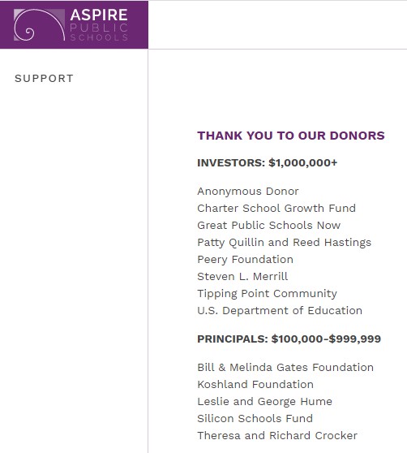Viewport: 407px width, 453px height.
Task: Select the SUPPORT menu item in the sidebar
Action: point(44,79)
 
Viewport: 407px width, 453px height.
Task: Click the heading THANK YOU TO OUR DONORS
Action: point(290,136)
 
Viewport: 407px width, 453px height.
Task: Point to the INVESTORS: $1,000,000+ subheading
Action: point(267,162)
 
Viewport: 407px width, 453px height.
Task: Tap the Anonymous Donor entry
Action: point(248,192)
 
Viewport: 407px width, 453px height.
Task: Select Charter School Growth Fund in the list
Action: point(276,209)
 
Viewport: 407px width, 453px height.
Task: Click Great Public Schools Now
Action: point(268,226)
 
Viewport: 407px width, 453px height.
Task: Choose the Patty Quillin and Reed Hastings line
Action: point(284,243)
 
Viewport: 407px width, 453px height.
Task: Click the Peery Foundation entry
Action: point(245,260)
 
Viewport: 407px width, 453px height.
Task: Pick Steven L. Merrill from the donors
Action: point(242,277)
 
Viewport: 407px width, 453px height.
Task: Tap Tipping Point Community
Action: point(267,294)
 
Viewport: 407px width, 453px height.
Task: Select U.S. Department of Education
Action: point(280,311)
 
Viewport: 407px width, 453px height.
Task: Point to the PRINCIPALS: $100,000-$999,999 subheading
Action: point(289,339)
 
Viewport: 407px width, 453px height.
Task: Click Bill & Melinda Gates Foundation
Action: point(285,368)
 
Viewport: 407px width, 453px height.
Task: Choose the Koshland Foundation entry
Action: point(255,385)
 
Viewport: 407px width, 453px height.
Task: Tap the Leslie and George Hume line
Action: point(264,402)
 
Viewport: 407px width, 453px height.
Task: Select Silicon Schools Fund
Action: point(255,419)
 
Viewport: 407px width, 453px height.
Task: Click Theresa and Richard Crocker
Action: point(276,436)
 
